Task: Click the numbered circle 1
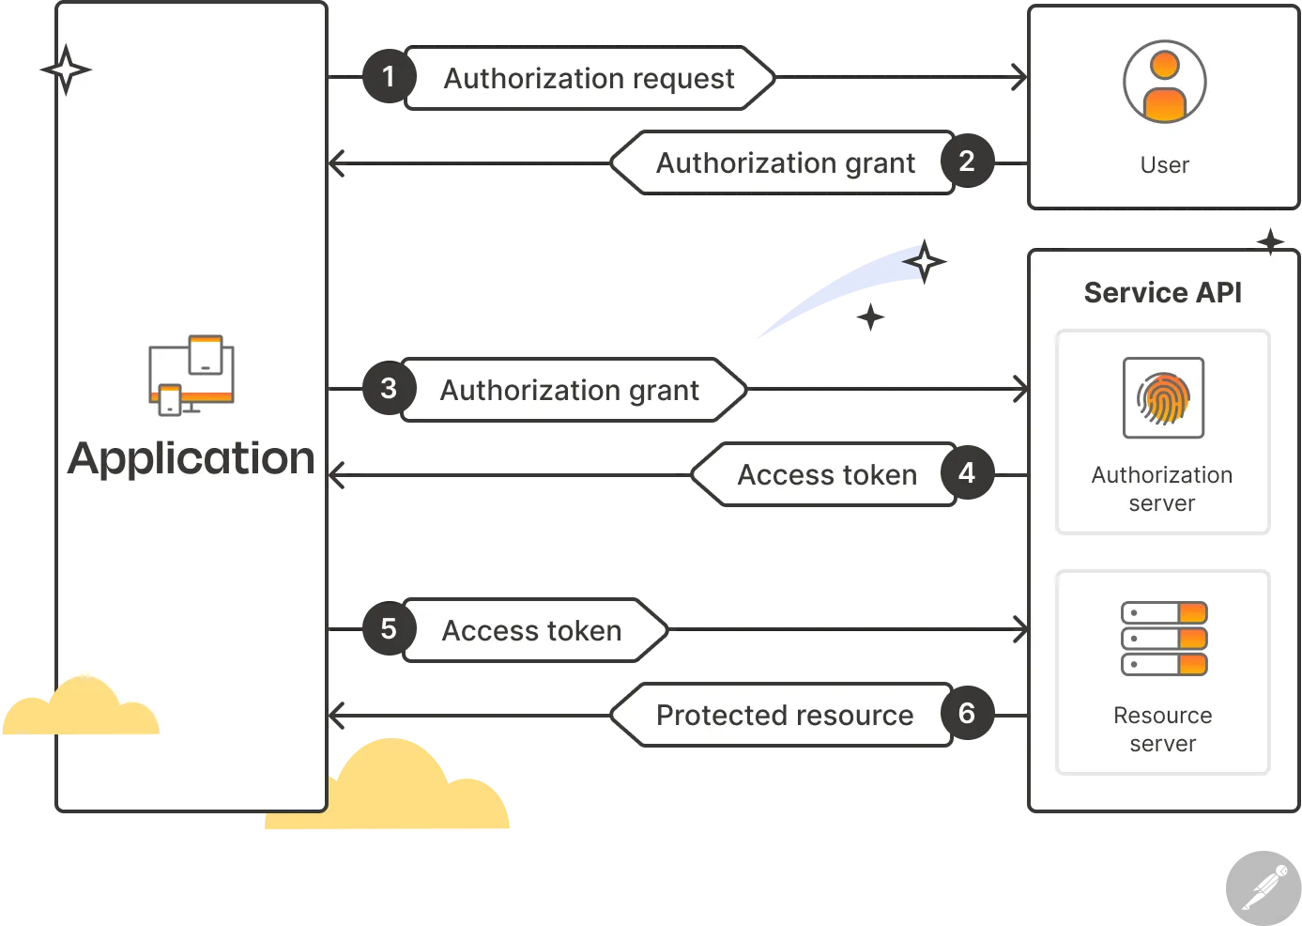[x=389, y=77]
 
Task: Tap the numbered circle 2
[x=967, y=162]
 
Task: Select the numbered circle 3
[x=389, y=388]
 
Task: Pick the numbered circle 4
[x=967, y=472]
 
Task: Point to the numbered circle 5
[x=389, y=628]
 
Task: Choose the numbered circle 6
[x=967, y=713]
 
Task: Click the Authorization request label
[x=589, y=79]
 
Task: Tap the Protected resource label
[x=785, y=716]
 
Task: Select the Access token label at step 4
[x=827, y=474]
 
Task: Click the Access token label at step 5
[x=532, y=630]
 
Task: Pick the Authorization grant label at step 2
[x=786, y=163]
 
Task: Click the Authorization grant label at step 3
[x=569, y=391]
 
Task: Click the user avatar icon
[x=1164, y=82]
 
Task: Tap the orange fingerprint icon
[x=1163, y=398]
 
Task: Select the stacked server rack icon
[x=1164, y=639]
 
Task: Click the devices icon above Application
[x=191, y=375]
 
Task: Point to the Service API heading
[x=1162, y=293]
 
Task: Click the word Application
[x=191, y=459]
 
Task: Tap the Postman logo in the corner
[x=1264, y=888]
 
